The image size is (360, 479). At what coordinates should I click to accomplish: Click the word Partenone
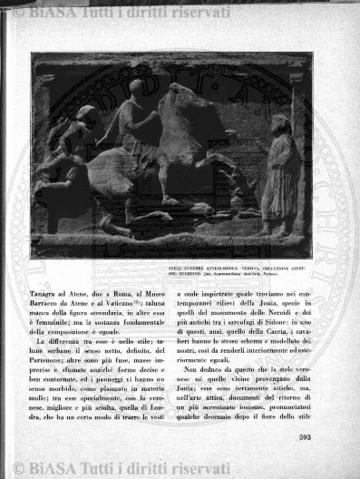coord(55,364)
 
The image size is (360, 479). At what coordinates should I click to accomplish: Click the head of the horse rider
coord(136,86)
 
